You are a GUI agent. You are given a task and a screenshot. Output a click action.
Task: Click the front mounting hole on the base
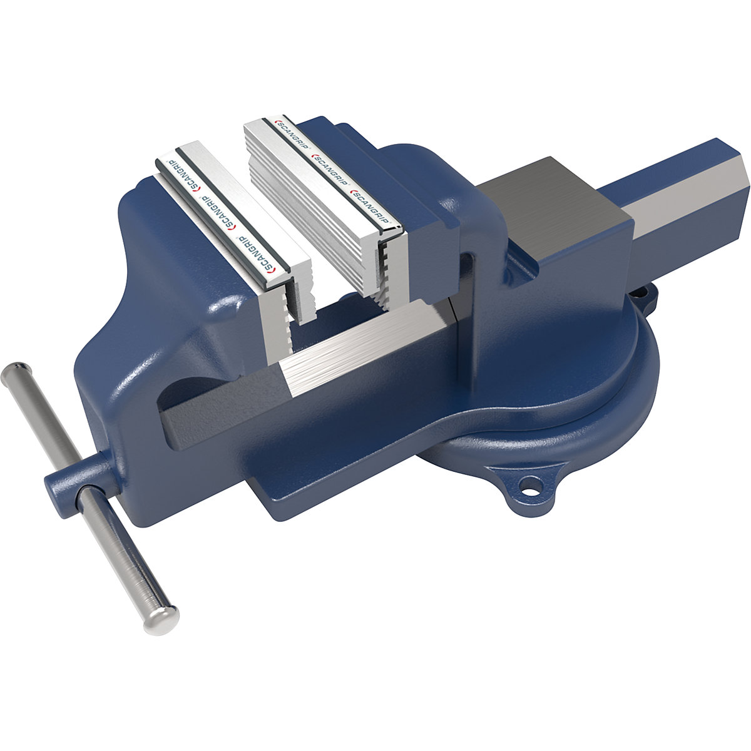pos(531,483)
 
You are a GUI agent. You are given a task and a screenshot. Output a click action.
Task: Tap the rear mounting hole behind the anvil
pos(640,292)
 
